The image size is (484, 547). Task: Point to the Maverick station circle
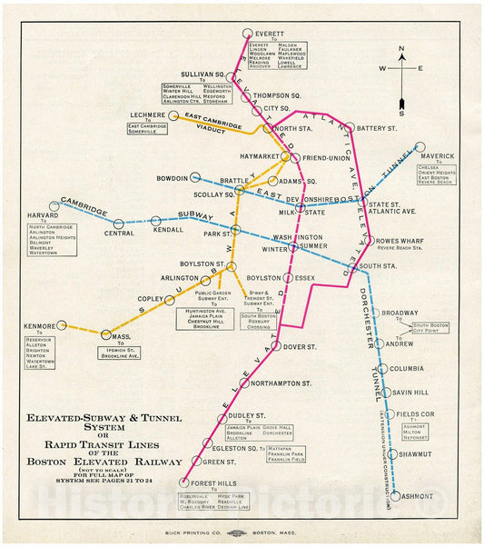click(420, 146)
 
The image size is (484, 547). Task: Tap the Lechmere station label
click(147, 115)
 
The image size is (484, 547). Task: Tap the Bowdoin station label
click(171, 178)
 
